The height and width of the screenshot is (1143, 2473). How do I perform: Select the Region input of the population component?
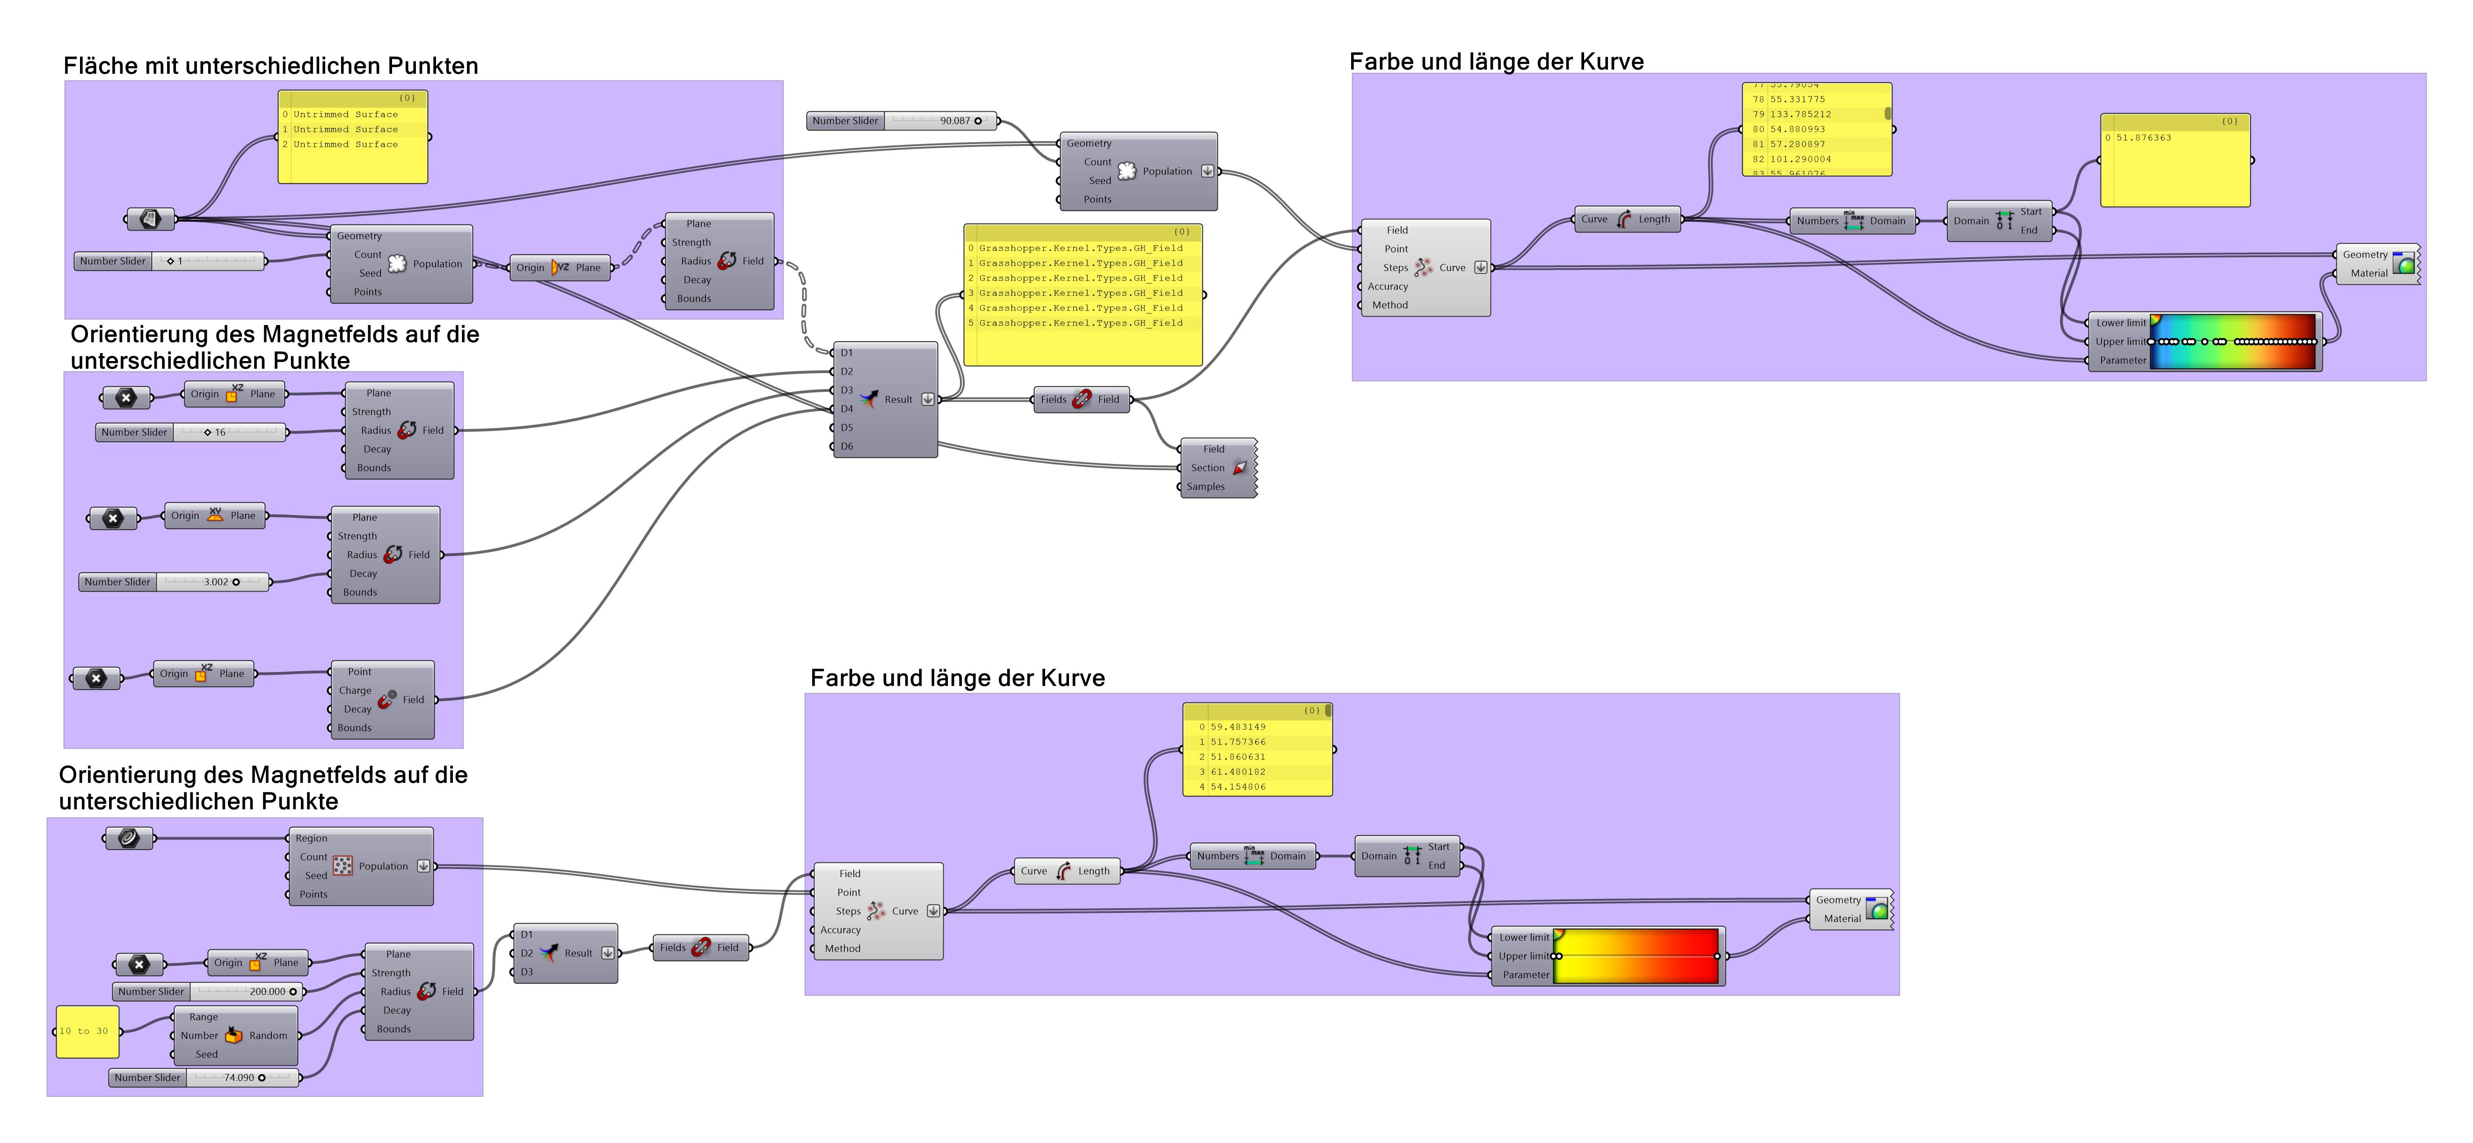[x=311, y=838]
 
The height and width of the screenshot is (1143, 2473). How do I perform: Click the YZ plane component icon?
[x=560, y=268]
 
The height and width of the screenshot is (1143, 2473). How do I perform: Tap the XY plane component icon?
[x=215, y=515]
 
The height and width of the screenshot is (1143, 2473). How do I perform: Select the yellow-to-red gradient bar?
[x=1635, y=956]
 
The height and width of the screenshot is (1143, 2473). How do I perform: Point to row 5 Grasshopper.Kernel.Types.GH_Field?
[x=1080, y=324]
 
